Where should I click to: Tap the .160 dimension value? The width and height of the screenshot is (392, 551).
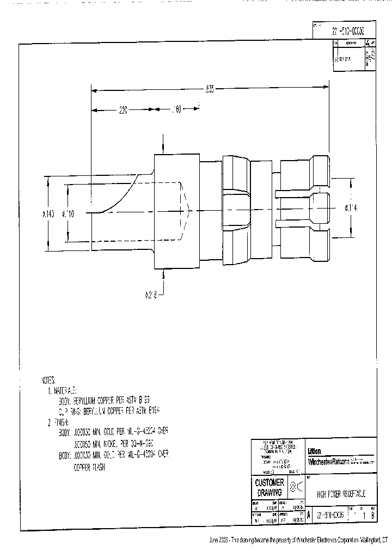[176, 110]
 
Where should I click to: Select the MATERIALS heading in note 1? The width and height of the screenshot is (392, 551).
[65, 390]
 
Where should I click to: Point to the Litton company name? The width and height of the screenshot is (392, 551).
[314, 451]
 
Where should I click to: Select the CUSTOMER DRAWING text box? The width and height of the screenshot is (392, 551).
[269, 487]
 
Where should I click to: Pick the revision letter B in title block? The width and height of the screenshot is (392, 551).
[372, 515]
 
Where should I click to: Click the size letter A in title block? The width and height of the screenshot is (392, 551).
[309, 515]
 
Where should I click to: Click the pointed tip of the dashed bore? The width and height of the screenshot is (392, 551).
[189, 209]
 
